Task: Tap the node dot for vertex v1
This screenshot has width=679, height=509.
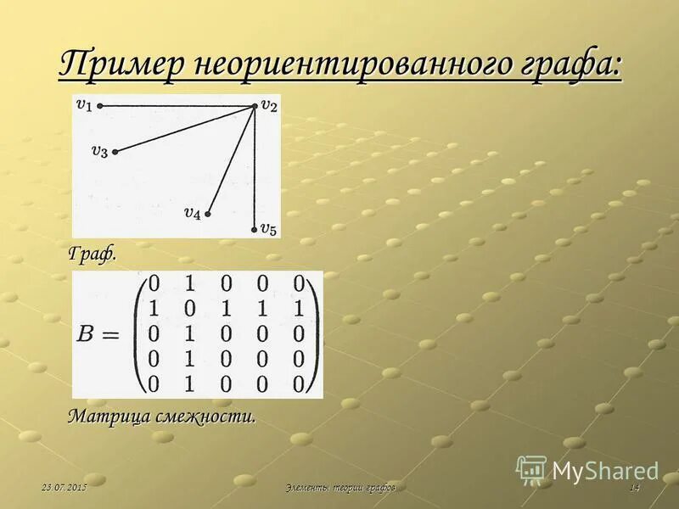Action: tap(100, 106)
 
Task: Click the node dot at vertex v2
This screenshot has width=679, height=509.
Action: tap(255, 106)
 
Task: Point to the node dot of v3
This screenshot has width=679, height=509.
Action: tap(115, 152)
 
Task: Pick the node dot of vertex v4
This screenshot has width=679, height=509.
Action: tap(207, 214)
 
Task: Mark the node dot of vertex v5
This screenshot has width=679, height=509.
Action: tap(255, 229)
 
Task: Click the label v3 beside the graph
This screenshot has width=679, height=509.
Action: tap(99, 151)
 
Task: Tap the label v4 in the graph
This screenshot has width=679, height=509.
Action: tap(193, 213)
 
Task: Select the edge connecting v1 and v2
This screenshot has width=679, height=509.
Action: tap(177, 106)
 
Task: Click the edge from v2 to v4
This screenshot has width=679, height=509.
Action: tap(231, 159)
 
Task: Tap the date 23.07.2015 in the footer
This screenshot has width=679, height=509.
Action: tap(65, 488)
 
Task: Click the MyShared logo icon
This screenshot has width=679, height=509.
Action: tap(532, 469)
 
